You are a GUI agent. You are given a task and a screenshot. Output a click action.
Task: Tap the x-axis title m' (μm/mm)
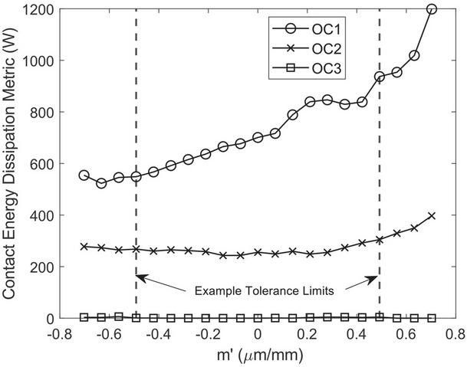click(x=257, y=356)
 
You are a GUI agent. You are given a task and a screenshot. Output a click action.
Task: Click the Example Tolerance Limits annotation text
click(x=258, y=291)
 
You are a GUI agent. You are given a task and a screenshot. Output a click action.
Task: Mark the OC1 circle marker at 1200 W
click(x=432, y=9)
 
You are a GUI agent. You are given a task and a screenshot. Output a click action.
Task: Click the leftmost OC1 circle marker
click(x=84, y=175)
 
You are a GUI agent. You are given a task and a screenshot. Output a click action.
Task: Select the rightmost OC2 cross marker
click(x=432, y=215)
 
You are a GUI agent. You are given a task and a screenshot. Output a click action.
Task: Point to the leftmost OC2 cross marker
click(x=84, y=247)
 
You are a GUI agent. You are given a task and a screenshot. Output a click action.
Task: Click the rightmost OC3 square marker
click(x=432, y=317)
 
